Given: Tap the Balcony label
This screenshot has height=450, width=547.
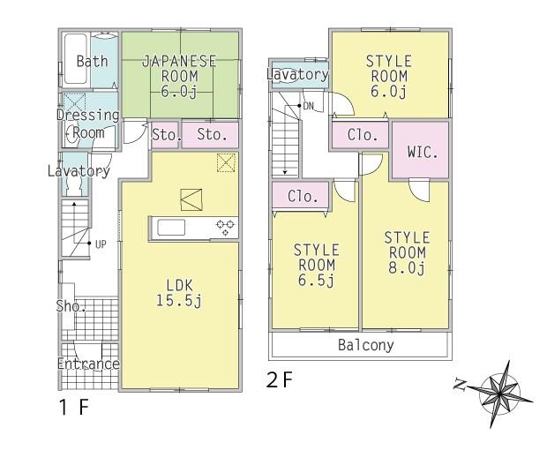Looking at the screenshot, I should [365, 345].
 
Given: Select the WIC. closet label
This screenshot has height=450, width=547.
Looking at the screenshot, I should [421, 151].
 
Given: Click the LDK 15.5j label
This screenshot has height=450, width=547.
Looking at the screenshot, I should [180, 293].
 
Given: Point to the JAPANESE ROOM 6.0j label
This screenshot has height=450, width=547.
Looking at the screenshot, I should [180, 75].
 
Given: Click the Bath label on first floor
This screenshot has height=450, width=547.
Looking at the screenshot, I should [91, 61].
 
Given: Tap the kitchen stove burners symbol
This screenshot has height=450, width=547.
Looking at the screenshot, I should [225, 228].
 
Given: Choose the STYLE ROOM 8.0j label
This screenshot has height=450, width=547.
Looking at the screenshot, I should [406, 253].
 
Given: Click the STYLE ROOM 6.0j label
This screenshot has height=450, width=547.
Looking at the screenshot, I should [388, 76].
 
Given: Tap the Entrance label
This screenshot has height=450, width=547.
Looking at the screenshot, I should [88, 364].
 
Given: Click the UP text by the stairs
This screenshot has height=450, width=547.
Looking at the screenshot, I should [101, 244].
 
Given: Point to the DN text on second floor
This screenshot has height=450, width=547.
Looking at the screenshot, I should [308, 106].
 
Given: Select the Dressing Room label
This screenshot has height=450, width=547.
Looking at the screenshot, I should [88, 124].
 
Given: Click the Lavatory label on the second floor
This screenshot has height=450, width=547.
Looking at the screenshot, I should [298, 75].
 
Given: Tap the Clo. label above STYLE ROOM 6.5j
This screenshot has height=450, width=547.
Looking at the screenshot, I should [303, 196].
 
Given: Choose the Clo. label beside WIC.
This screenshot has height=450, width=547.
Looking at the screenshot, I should [362, 135].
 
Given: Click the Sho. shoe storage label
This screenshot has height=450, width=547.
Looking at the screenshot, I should [70, 307].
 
